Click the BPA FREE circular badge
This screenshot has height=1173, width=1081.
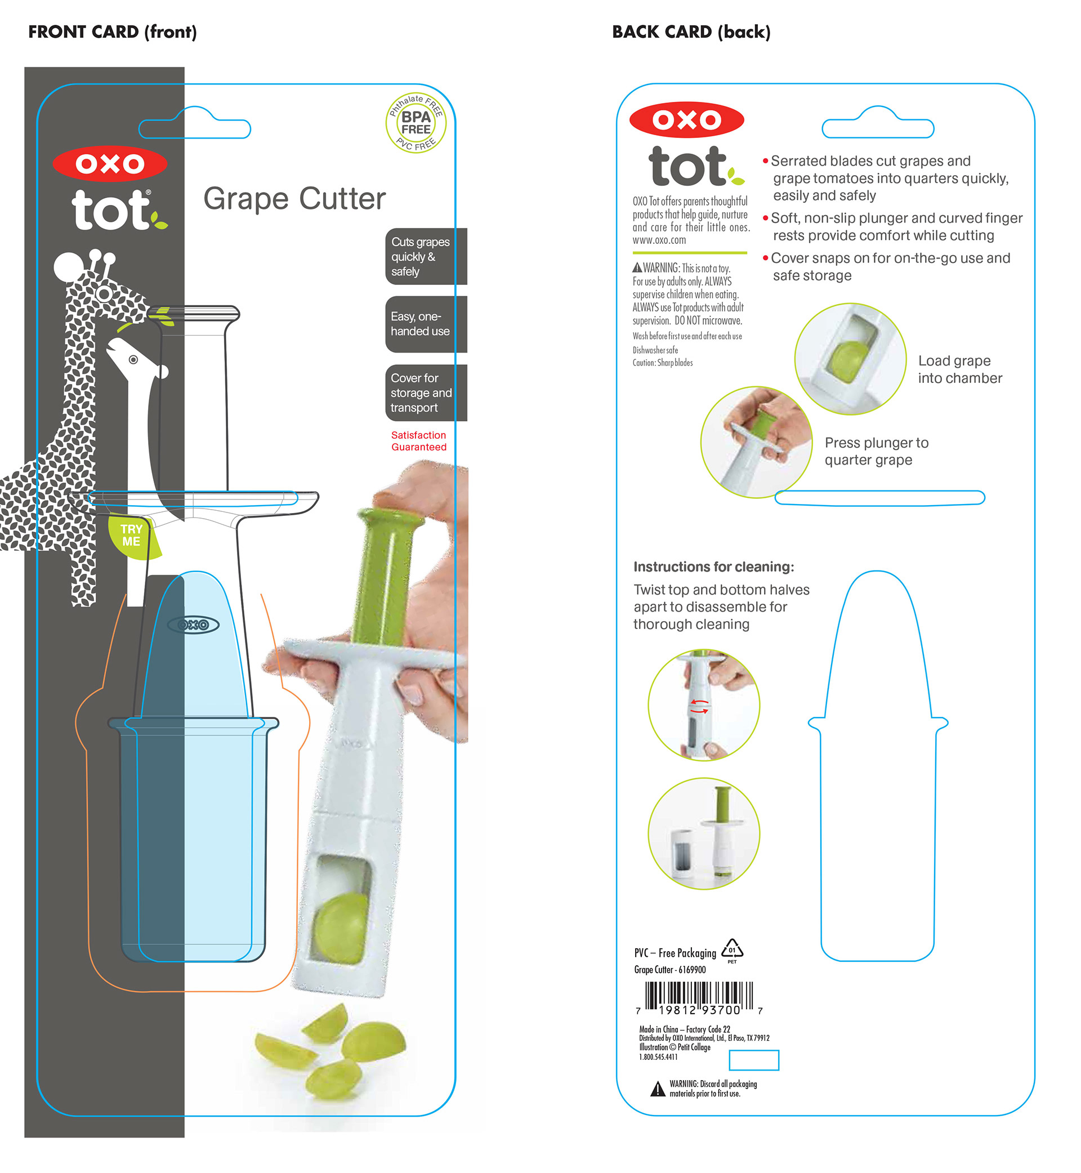pyautogui.click(x=416, y=123)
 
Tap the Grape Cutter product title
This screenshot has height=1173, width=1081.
pyautogui.click(x=294, y=199)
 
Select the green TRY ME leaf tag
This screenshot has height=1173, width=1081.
pyautogui.click(x=132, y=536)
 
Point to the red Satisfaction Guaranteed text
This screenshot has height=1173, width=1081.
pyautogui.click(x=419, y=441)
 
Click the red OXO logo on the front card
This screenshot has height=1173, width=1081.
pyautogui.click(x=110, y=164)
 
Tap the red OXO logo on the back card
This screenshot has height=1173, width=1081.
pyautogui.click(x=686, y=120)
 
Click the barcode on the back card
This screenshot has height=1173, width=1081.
pyautogui.click(x=699, y=998)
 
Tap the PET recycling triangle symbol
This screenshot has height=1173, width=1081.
pyautogui.click(x=732, y=949)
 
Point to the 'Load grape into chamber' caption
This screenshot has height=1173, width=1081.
pyautogui.click(x=959, y=369)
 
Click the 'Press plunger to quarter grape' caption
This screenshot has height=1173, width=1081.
pyautogui.click(x=876, y=451)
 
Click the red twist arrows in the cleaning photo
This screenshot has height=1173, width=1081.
pyautogui.click(x=700, y=706)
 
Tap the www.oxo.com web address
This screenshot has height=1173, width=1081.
pyautogui.click(x=659, y=240)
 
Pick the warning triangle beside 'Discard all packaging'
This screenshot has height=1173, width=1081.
pyautogui.click(x=658, y=1089)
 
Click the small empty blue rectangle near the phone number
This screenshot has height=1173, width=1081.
pyautogui.click(x=753, y=1060)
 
